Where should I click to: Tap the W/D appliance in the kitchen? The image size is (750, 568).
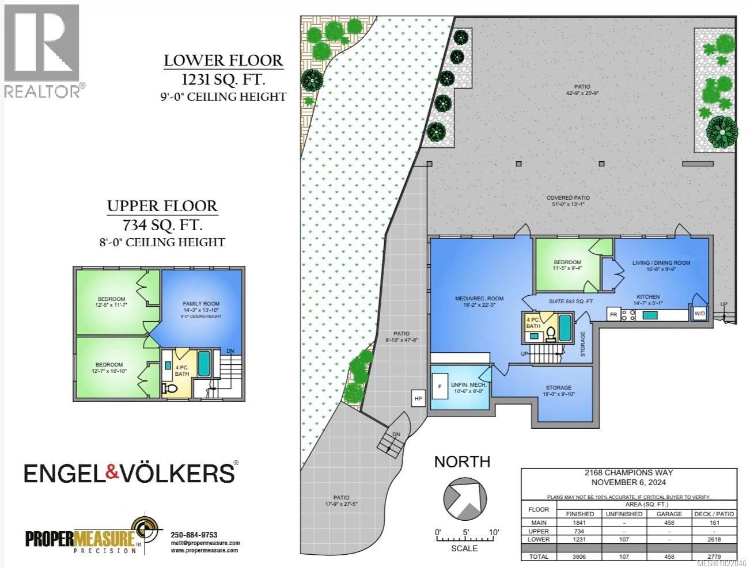pos(699,314)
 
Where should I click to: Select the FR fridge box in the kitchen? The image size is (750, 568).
pos(613,314)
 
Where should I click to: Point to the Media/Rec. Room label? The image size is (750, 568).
pos(479,298)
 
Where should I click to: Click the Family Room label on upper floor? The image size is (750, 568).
pos(201,303)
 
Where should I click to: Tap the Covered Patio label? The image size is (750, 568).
pos(568,197)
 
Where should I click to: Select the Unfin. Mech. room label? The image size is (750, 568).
pos(469,384)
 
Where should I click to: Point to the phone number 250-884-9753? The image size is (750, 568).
pos(194,535)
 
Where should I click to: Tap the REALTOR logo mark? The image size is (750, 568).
pos(42,44)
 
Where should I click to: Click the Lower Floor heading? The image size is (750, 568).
pos(223,60)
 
